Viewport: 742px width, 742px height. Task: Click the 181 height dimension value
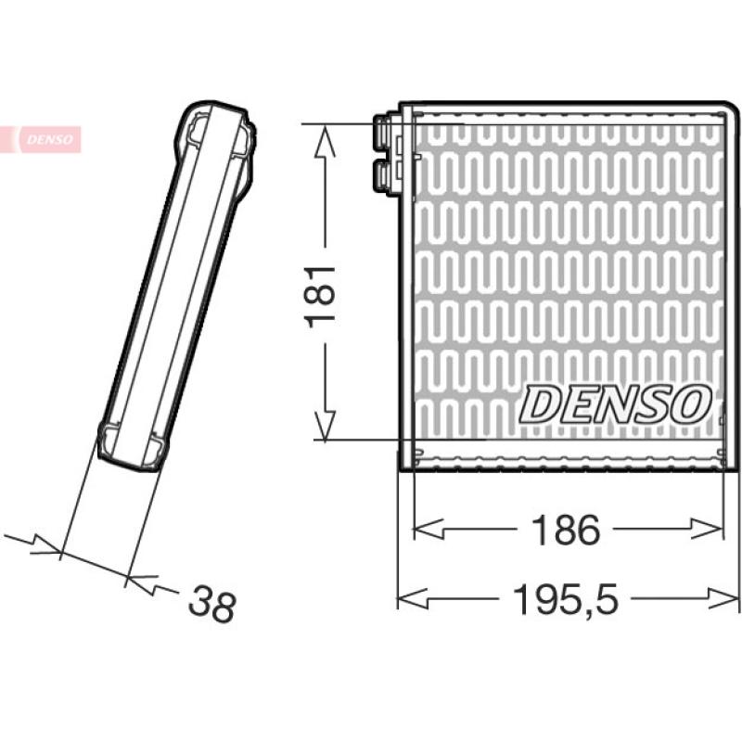pos(321,297)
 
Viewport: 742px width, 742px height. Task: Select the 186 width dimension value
pos(566,530)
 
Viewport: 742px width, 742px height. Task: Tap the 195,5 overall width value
pos(566,599)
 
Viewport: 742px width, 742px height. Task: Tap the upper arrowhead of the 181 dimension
pos(325,141)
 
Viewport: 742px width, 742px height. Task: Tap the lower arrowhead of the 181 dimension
pos(326,425)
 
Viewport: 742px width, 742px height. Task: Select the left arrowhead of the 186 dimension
pos(429,529)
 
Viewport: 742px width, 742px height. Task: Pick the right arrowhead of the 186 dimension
pos(708,529)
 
